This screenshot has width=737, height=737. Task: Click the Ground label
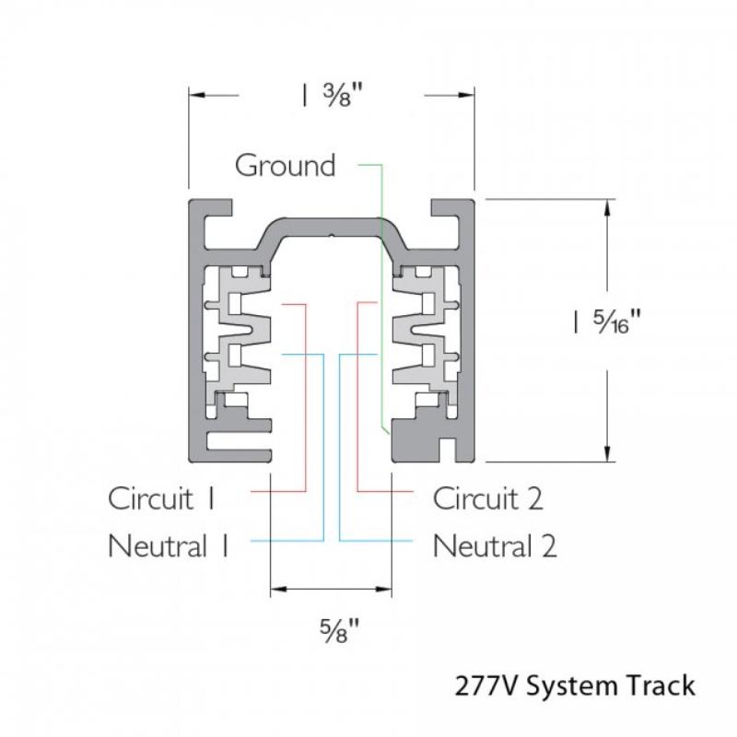tap(285, 166)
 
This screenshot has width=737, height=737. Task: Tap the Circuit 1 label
tap(162, 499)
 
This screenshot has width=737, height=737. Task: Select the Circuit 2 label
tap(488, 499)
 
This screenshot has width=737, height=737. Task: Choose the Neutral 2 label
tap(495, 545)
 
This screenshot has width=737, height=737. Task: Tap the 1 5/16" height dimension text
tap(605, 322)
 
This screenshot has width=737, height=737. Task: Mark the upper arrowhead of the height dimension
tap(606, 206)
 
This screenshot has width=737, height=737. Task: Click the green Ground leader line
tap(380, 276)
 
